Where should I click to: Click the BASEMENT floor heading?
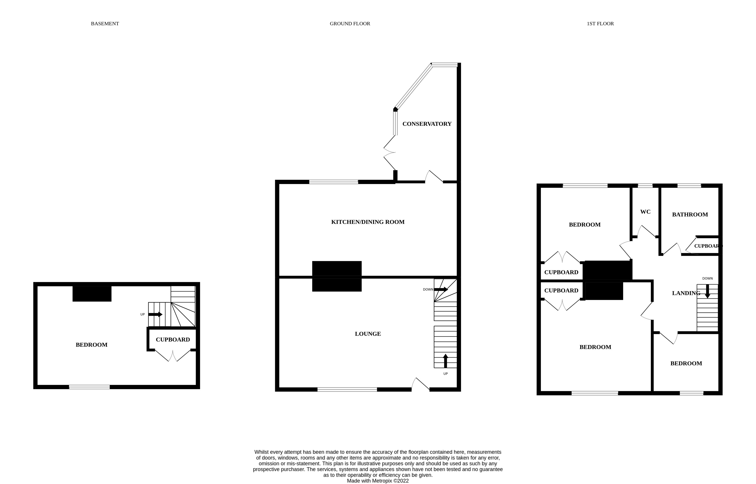(x=105, y=24)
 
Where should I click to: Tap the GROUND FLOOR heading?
(x=350, y=24)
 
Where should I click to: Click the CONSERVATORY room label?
(x=427, y=124)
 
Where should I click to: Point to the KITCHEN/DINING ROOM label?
(x=368, y=222)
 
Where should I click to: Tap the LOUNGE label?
(x=368, y=334)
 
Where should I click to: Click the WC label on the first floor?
(x=645, y=212)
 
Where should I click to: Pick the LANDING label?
(x=686, y=293)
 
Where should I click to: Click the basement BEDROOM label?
(x=91, y=345)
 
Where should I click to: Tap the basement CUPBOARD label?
(x=173, y=339)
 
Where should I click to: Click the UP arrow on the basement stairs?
(x=155, y=314)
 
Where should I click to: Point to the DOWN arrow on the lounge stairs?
(x=441, y=289)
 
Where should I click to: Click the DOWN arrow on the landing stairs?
(x=707, y=291)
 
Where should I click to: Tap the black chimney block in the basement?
(x=92, y=293)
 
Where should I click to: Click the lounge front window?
(x=347, y=389)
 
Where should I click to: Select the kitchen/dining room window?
(x=333, y=182)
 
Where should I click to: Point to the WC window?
(x=645, y=186)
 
